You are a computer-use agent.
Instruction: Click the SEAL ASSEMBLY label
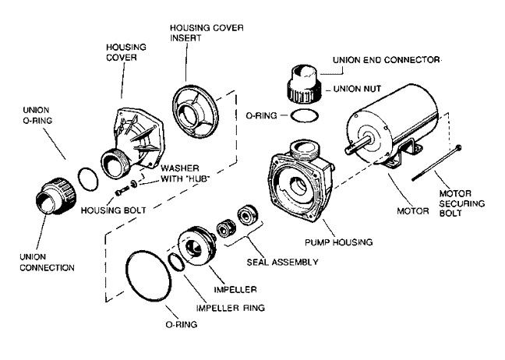tap(281, 262)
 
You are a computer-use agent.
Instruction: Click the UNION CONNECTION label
tap(48, 262)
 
